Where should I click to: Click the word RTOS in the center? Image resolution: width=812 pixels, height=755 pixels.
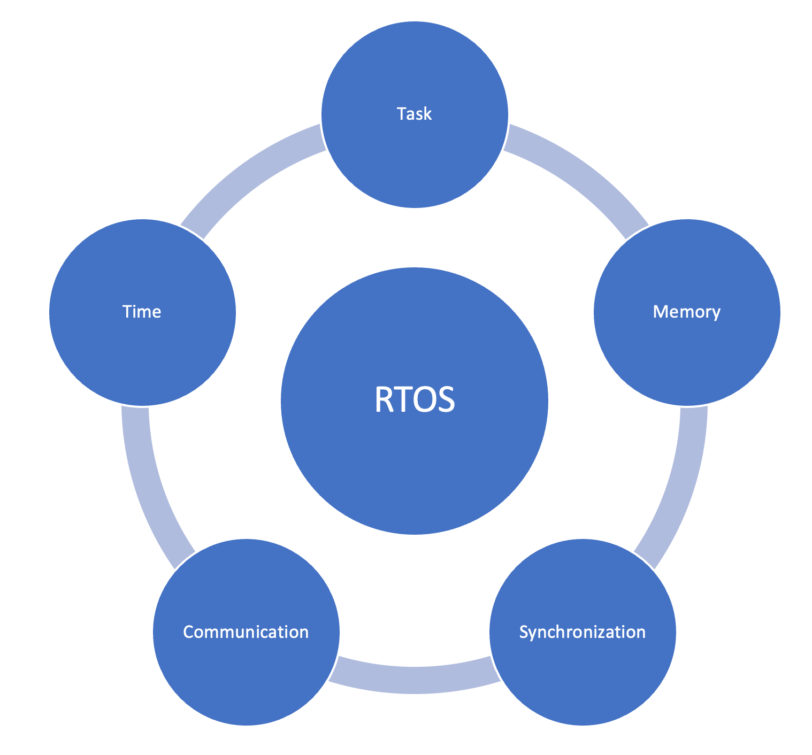[x=415, y=399]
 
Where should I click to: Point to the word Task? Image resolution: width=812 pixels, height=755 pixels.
[x=414, y=114]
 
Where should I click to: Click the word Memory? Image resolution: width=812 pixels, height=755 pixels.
[x=687, y=312]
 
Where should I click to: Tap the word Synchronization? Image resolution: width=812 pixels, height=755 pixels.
[x=583, y=632]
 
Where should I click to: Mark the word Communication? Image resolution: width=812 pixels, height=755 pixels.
[x=246, y=632]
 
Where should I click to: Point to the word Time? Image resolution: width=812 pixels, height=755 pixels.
[x=142, y=312]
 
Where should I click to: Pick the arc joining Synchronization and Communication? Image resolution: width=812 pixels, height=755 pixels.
[x=415, y=680]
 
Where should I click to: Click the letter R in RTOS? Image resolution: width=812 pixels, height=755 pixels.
[x=384, y=400]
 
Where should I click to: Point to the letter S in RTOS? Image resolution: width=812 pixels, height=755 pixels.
[x=446, y=400]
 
